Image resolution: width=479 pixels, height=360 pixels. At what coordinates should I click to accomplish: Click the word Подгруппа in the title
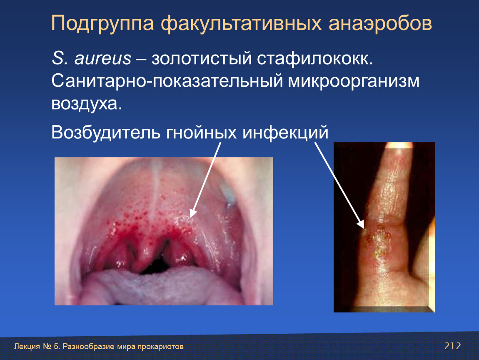[x=102, y=23]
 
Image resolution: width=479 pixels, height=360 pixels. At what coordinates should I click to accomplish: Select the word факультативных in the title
[x=241, y=23]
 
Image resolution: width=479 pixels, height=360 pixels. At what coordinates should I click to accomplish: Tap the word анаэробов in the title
[x=380, y=23]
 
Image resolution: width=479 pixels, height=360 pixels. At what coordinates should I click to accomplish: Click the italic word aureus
[x=102, y=58]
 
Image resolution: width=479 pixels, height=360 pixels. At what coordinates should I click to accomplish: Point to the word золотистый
[x=201, y=58]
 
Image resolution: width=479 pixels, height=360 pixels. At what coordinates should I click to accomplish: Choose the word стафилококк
[x=315, y=58]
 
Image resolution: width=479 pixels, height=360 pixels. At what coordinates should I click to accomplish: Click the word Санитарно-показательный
[x=167, y=81]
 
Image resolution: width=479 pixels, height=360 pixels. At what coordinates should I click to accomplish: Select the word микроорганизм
[x=354, y=81]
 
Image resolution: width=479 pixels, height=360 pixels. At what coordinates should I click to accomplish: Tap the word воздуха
[x=87, y=104]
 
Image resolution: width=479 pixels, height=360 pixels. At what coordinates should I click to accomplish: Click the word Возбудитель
[x=106, y=132]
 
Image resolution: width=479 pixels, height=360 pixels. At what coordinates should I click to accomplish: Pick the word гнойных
[x=202, y=133]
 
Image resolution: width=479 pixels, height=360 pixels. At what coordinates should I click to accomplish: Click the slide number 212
[x=453, y=346]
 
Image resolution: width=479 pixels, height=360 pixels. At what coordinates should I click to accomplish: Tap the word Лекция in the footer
[x=27, y=347]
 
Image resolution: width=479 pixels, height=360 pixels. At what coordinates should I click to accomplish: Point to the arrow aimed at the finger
[x=340, y=186]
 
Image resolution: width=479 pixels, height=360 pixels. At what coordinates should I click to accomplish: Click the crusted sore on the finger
[x=379, y=241]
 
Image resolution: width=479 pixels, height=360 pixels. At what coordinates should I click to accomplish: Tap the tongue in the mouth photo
[x=162, y=287]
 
